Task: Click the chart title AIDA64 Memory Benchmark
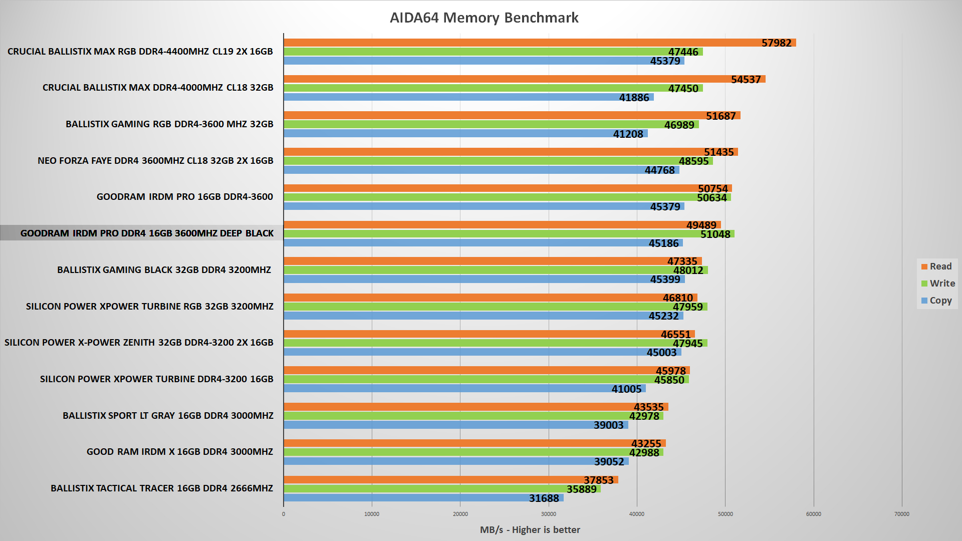pos(484,18)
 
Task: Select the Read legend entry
pos(936,266)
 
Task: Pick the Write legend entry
pos(938,284)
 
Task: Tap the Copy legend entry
pos(936,301)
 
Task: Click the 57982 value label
pos(776,43)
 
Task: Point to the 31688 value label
pos(544,498)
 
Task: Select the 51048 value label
pos(715,234)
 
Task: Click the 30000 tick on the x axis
pos(549,514)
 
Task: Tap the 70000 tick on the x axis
pos(902,514)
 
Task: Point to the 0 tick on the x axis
pos(284,514)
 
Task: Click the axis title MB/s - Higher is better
pos(530,530)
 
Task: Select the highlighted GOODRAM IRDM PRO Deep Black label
pos(147,233)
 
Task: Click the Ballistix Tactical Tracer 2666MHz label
pos(162,488)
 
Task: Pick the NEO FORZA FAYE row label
pos(155,161)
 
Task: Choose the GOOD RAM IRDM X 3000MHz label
pos(180,452)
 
